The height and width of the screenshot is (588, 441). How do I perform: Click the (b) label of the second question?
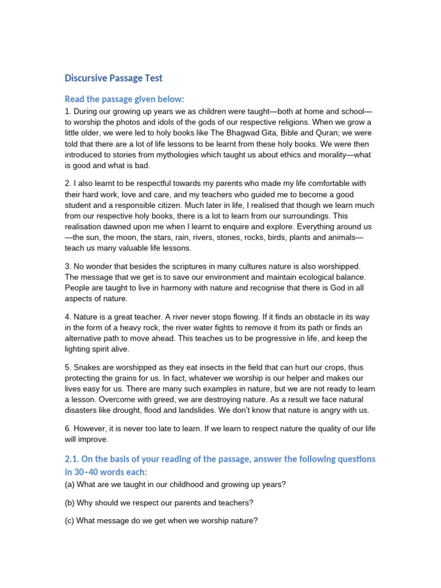pos(70,503)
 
